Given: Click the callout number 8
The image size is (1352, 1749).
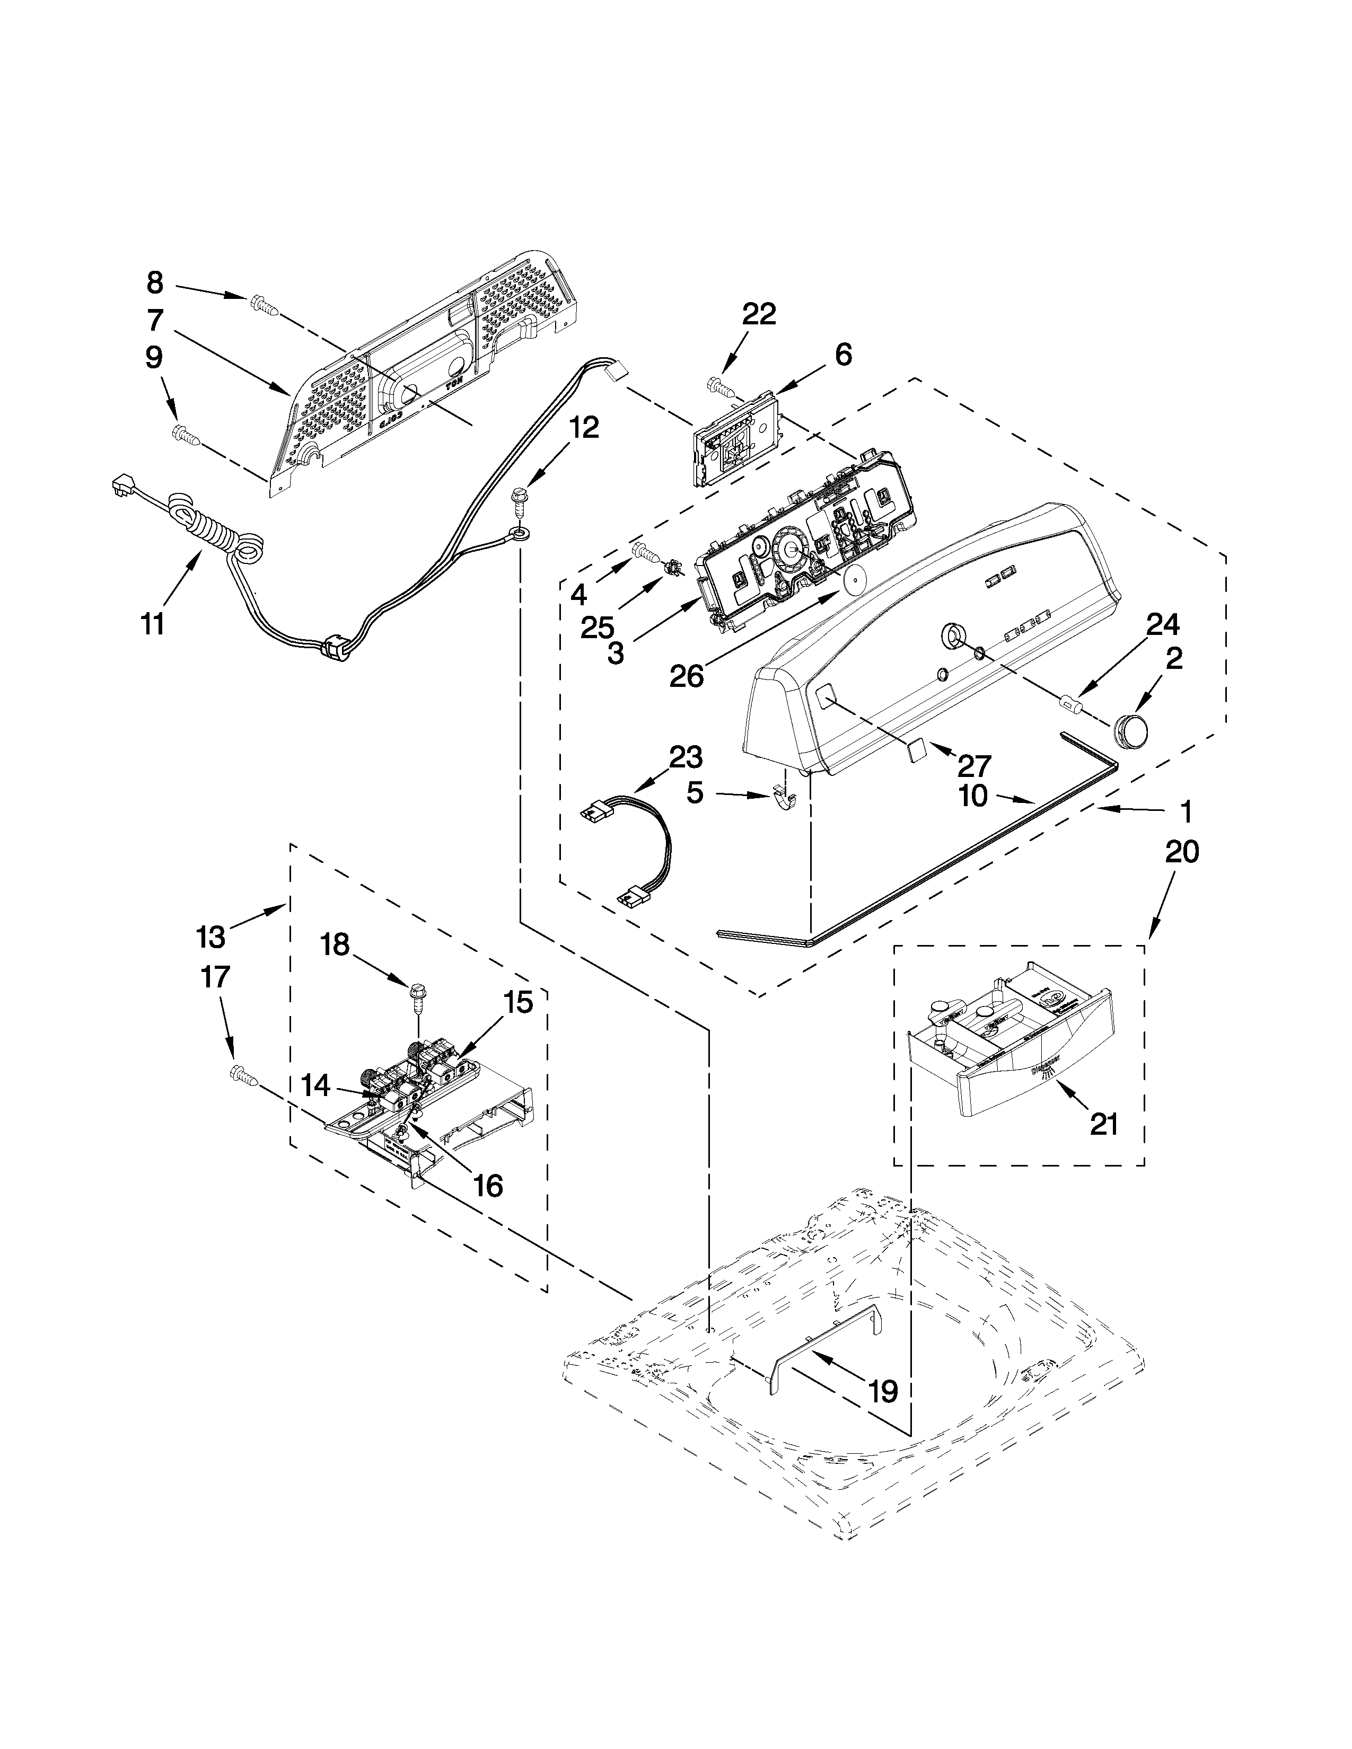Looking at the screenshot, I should click(x=155, y=282).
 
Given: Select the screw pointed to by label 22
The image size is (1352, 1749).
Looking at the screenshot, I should click(x=720, y=387).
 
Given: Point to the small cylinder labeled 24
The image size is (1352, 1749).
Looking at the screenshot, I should click(x=1071, y=704).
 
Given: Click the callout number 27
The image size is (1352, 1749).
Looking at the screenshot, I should click(x=974, y=766).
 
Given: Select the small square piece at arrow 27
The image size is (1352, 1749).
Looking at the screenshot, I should click(x=918, y=749).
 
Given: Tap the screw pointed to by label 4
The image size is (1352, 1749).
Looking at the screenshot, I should click(x=645, y=551).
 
